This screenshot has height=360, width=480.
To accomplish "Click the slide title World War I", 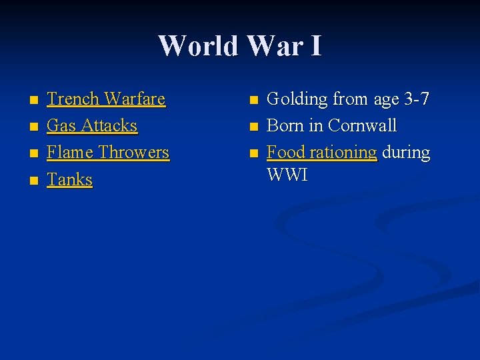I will [240, 46].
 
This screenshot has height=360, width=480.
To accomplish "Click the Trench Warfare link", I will [106, 99].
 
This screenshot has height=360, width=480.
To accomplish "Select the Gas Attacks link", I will [92, 126].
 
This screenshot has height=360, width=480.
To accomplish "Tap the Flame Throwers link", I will [108, 153].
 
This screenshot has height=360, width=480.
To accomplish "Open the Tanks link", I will [69, 179].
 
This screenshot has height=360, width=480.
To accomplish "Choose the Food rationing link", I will [322, 153].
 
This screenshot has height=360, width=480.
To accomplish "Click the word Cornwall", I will [363, 126].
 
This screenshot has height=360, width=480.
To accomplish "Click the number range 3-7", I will [417, 99].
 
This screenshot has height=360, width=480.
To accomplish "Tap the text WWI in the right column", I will [287, 175].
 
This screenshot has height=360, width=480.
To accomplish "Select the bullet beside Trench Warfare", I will [33, 101].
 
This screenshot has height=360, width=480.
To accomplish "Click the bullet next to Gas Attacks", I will [33, 127].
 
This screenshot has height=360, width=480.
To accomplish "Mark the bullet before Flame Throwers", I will [33, 154].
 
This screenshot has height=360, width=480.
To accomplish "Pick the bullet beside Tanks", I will [33, 181].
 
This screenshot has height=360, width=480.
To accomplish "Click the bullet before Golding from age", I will [253, 101].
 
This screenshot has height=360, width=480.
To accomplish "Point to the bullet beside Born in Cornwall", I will [253, 127].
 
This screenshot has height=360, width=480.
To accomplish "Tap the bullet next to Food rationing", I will [253, 154].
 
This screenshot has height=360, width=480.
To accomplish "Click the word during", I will [406, 153].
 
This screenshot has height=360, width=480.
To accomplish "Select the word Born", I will [285, 126].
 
